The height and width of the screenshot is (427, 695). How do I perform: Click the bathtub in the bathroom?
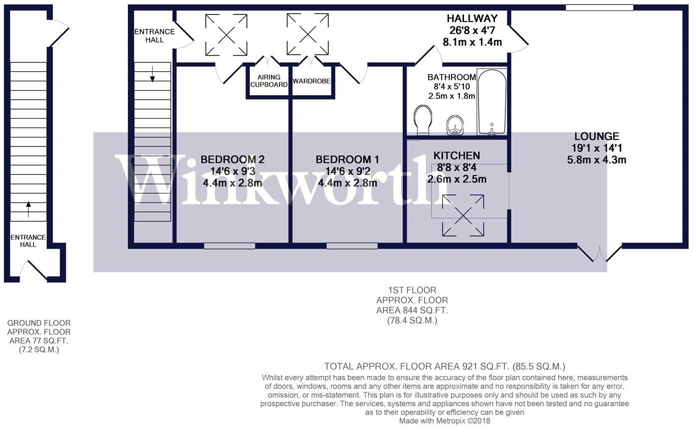click(x=492, y=102)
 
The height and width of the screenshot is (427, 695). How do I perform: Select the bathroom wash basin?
click(x=455, y=125)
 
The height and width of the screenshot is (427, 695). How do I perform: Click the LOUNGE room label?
click(x=596, y=136)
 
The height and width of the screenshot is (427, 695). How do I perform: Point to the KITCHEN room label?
click(x=457, y=156)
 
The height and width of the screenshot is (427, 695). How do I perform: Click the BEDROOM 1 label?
click(x=347, y=159)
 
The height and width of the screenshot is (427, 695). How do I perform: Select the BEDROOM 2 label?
click(x=232, y=159)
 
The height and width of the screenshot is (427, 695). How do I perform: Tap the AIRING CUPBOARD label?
click(x=269, y=81)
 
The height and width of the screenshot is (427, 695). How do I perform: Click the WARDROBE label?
click(x=311, y=81)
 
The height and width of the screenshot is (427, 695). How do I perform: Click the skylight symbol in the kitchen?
click(x=463, y=215)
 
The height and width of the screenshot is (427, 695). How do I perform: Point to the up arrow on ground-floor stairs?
click(x=28, y=208)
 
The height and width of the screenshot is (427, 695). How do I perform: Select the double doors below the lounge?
click(x=599, y=253)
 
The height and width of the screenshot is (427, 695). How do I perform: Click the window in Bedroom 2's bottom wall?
click(x=230, y=246)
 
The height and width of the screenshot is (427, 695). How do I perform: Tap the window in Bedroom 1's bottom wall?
click(x=352, y=246)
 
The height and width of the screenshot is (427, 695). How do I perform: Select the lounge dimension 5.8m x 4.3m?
click(x=596, y=160)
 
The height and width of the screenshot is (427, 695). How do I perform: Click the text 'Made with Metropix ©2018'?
click(x=445, y=421)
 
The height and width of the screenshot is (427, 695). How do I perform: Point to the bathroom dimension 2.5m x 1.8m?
click(x=452, y=96)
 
